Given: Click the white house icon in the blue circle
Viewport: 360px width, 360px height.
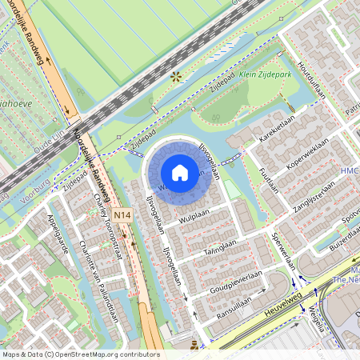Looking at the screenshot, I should pos(180,172).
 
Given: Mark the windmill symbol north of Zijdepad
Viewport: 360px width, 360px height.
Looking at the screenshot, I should pos(175,77).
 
